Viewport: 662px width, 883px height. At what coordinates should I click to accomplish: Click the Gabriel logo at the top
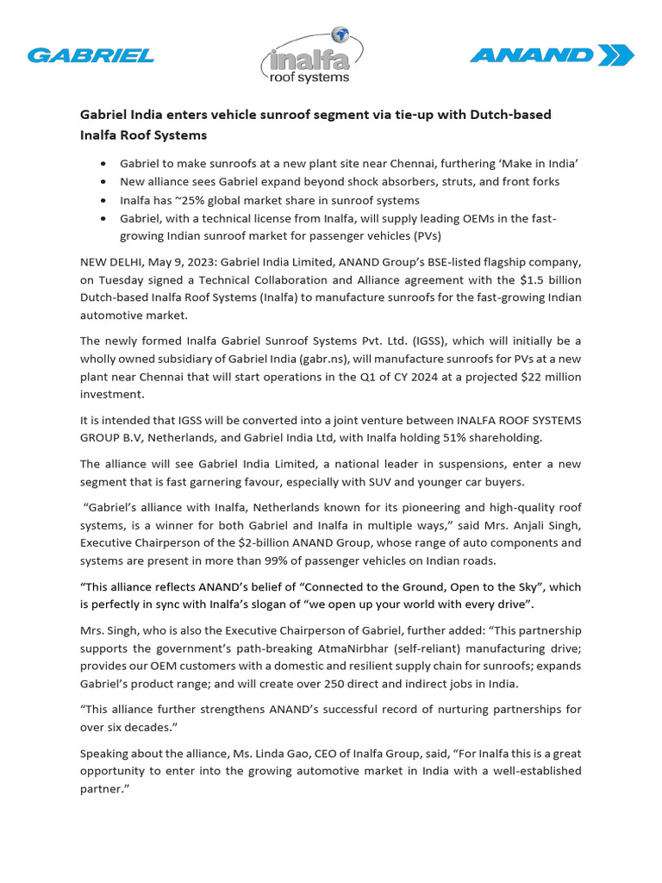(91, 56)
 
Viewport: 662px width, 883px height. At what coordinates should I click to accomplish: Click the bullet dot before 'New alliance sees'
(104, 182)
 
